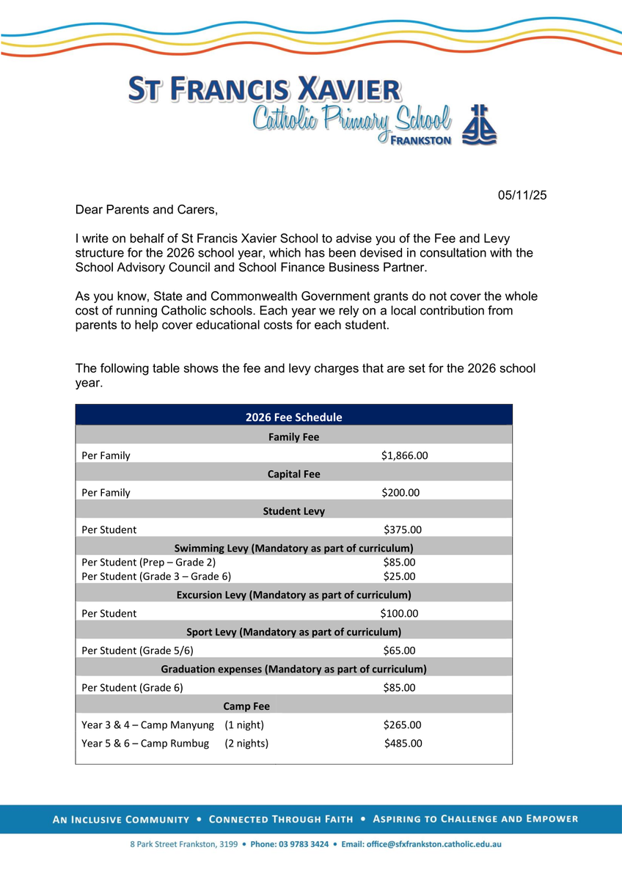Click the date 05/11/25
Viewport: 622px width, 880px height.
(x=522, y=196)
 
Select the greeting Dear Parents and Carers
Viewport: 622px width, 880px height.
(x=147, y=210)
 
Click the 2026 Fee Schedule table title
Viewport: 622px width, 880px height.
(x=293, y=417)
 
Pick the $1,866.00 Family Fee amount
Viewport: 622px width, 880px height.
(x=404, y=455)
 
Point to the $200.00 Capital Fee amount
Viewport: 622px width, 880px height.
(x=400, y=493)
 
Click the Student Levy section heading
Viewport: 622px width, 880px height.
(x=293, y=511)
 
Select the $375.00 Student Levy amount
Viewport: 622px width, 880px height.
(x=403, y=529)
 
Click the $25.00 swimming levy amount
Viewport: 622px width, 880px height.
(x=399, y=576)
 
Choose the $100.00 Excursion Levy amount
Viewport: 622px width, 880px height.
(x=399, y=613)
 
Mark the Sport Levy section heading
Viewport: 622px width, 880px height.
(x=293, y=631)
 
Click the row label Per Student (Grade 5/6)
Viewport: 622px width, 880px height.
(x=138, y=650)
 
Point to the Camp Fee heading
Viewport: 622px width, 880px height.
(x=246, y=706)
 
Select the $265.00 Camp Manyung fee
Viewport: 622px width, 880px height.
(x=402, y=725)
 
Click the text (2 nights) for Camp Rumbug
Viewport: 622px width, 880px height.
(x=246, y=744)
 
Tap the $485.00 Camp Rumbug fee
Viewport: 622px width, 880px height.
(x=403, y=744)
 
